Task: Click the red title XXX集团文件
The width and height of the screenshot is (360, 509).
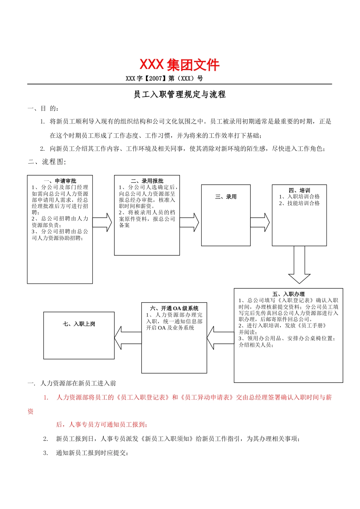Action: tap(179, 65)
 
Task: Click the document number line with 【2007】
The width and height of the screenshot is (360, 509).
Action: tap(164, 78)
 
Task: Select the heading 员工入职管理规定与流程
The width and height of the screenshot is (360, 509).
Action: tap(180, 94)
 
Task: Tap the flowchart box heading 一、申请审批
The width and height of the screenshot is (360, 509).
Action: tap(60, 181)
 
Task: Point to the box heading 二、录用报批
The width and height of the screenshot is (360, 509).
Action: tap(147, 181)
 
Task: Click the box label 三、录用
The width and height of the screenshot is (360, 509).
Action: tap(226, 197)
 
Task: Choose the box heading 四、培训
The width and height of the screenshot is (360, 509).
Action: tap(299, 190)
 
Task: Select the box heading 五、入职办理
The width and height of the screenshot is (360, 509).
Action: tap(288, 294)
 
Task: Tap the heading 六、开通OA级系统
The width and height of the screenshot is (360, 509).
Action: tap(174, 308)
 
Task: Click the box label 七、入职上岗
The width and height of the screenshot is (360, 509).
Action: tap(79, 324)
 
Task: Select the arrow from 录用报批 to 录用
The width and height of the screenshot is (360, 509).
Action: tap(189, 223)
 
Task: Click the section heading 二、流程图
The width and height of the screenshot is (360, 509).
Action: tap(47, 162)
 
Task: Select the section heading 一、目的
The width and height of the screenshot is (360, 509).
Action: tap(43, 109)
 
